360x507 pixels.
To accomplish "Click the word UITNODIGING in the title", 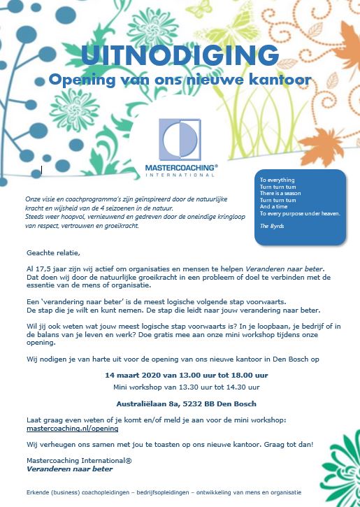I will pos(180,55).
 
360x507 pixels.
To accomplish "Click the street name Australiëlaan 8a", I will pos(141,403).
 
